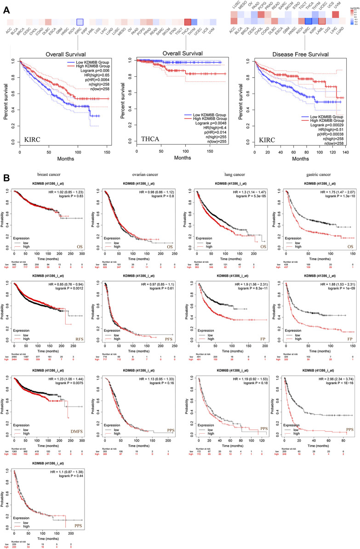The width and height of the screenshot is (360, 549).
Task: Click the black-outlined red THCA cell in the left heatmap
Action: click(187, 23)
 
